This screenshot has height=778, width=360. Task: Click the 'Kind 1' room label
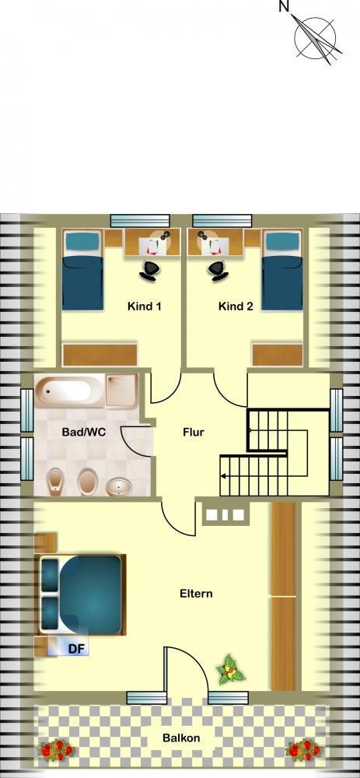point(145,306)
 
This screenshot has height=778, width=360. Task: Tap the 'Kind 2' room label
point(236,306)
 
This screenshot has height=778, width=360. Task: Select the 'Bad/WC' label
point(84,432)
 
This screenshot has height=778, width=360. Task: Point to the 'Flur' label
point(194,432)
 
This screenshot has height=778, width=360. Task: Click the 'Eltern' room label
point(196,594)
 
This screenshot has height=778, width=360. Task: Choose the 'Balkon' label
point(181,738)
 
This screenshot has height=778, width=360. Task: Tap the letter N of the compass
point(284,6)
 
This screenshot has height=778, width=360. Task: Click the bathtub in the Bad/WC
point(69,390)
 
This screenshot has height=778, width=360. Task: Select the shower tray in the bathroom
point(121,390)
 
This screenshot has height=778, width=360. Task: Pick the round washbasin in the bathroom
point(119,487)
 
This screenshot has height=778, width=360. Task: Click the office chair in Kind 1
point(150,271)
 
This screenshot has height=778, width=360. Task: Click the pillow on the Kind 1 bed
point(82,242)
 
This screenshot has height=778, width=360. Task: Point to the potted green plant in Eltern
point(231,670)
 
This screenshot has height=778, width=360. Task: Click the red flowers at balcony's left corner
point(57,749)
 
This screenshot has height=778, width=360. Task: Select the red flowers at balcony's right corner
point(304,749)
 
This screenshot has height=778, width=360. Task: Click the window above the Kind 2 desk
point(222,221)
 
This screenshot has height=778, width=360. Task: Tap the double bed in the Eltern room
point(82,594)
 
